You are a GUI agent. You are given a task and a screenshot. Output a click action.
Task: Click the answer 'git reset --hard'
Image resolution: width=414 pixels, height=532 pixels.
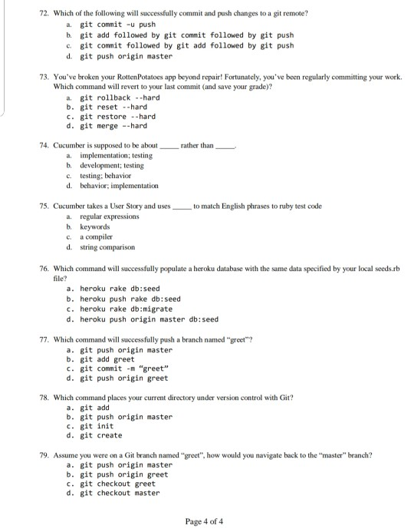[113, 107]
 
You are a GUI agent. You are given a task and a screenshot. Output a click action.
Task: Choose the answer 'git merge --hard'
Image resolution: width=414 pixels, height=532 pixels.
[113, 127]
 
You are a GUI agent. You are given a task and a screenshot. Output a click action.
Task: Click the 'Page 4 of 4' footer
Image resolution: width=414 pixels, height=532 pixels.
[204, 521]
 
